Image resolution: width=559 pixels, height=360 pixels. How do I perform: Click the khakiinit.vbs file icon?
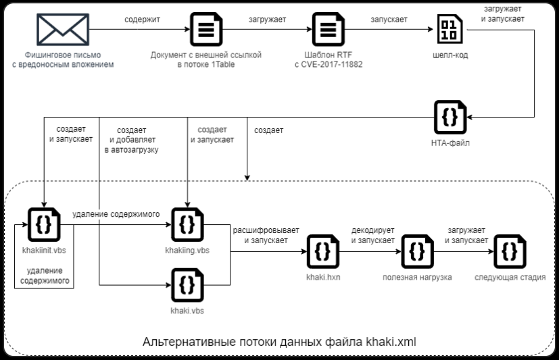[43, 224]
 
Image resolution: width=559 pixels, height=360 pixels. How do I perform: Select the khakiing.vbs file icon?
[187, 224]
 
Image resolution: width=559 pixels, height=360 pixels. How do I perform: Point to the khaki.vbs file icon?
[187, 284]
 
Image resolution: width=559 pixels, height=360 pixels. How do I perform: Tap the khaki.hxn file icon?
[322, 251]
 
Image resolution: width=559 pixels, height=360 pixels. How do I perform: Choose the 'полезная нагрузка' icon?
[417, 251]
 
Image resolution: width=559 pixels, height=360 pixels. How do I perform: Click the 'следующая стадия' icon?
[510, 251]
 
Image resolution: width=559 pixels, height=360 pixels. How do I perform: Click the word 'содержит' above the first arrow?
[142, 20]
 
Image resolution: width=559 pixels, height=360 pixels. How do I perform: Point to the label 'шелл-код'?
[448, 55]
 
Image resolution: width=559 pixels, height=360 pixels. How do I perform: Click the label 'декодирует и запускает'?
[372, 235]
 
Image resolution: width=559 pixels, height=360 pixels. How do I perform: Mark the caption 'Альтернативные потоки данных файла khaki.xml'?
[279, 342]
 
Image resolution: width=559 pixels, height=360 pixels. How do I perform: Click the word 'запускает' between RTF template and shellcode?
[389, 20]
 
